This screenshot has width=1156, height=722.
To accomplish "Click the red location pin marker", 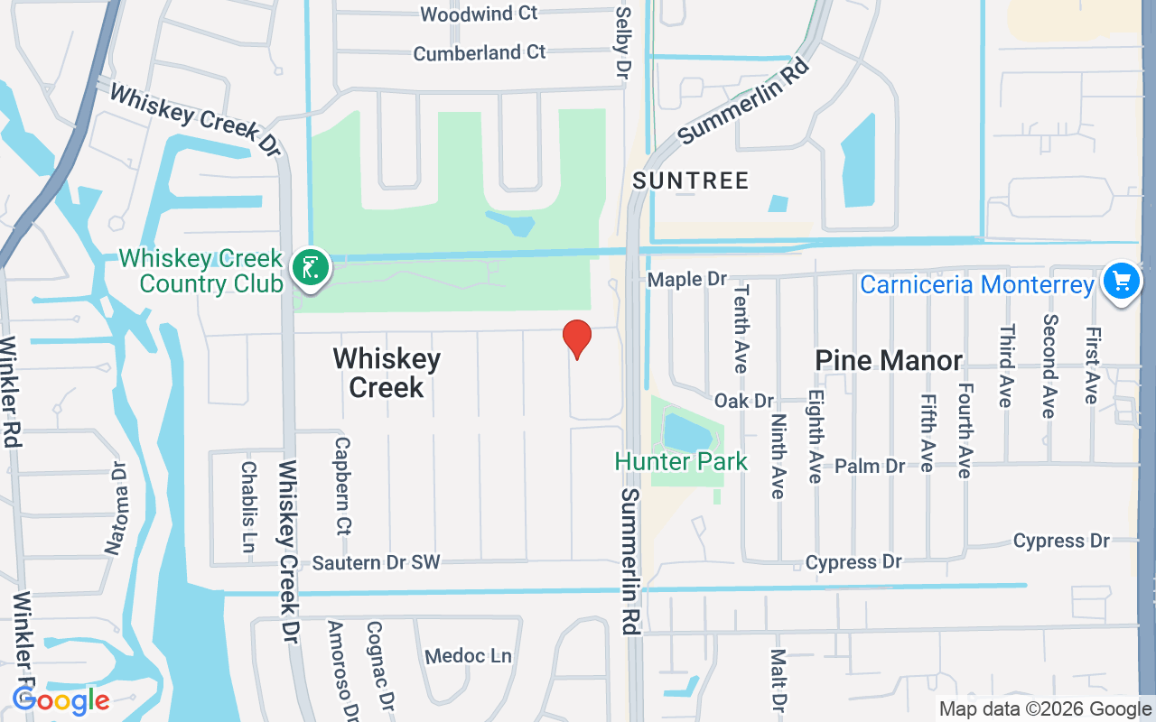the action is tap(577, 338).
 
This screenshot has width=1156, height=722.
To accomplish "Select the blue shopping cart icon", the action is tap(1122, 281).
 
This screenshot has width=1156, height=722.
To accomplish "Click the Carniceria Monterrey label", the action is tap(976, 285).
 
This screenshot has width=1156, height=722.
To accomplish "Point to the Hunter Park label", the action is tap(681, 462).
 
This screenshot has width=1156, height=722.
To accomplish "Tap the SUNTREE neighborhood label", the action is tap(691, 180).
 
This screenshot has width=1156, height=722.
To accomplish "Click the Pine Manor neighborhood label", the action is tap(889, 360).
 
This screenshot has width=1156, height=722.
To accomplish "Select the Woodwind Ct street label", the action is tap(479, 14).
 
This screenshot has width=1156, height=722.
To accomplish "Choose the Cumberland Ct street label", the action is tap(479, 52).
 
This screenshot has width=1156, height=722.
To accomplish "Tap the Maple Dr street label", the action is tap(687, 280).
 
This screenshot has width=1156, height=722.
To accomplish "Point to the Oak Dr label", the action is tap(744, 400).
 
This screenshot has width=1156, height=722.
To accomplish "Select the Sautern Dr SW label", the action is tap(376, 562).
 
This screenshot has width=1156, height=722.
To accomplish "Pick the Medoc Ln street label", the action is tap(468, 655).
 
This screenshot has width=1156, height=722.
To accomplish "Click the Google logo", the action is tap(61, 700).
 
